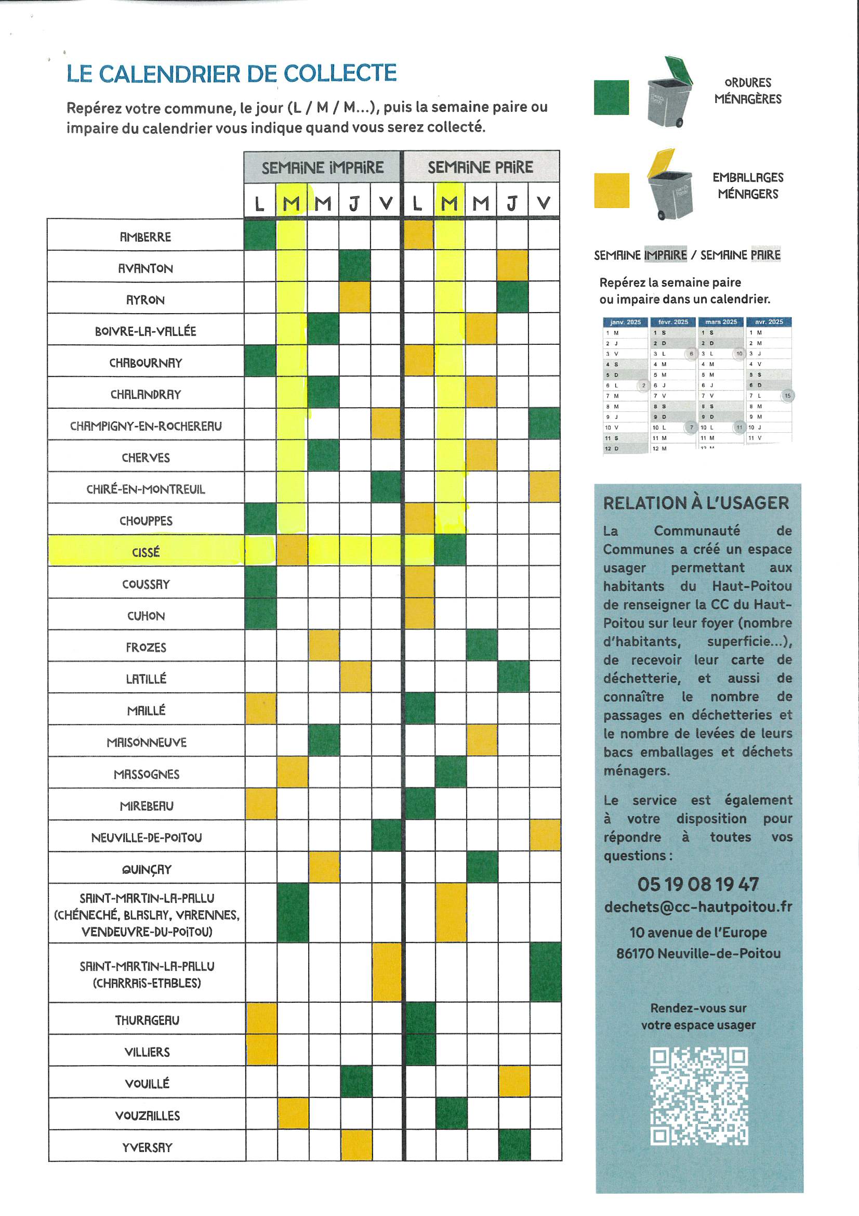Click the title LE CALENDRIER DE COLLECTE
coord(231,74)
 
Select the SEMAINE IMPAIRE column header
coord(322,168)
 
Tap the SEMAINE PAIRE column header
coord(480,168)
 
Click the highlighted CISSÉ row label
coord(146,552)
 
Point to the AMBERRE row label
coord(146,237)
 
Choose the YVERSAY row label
coord(147,1147)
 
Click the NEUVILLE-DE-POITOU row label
coord(147,837)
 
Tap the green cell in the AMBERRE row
coord(260,235)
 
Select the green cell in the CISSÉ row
coord(450,550)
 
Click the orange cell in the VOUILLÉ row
coord(513,1081)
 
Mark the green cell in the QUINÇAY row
coord(482,867)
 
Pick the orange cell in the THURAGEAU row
coord(261,1018)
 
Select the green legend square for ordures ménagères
coord(611,97)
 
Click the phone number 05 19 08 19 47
coord(697,884)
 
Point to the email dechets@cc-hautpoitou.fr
coord(698,907)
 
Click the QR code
coord(698,1096)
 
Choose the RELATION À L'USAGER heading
coord(696,503)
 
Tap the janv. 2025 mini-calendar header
coord(625,322)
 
